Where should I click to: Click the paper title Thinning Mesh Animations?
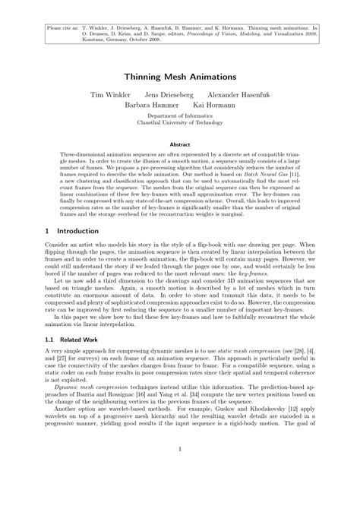(180, 77)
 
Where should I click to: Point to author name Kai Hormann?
(213, 106)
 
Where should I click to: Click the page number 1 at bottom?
(180, 469)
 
